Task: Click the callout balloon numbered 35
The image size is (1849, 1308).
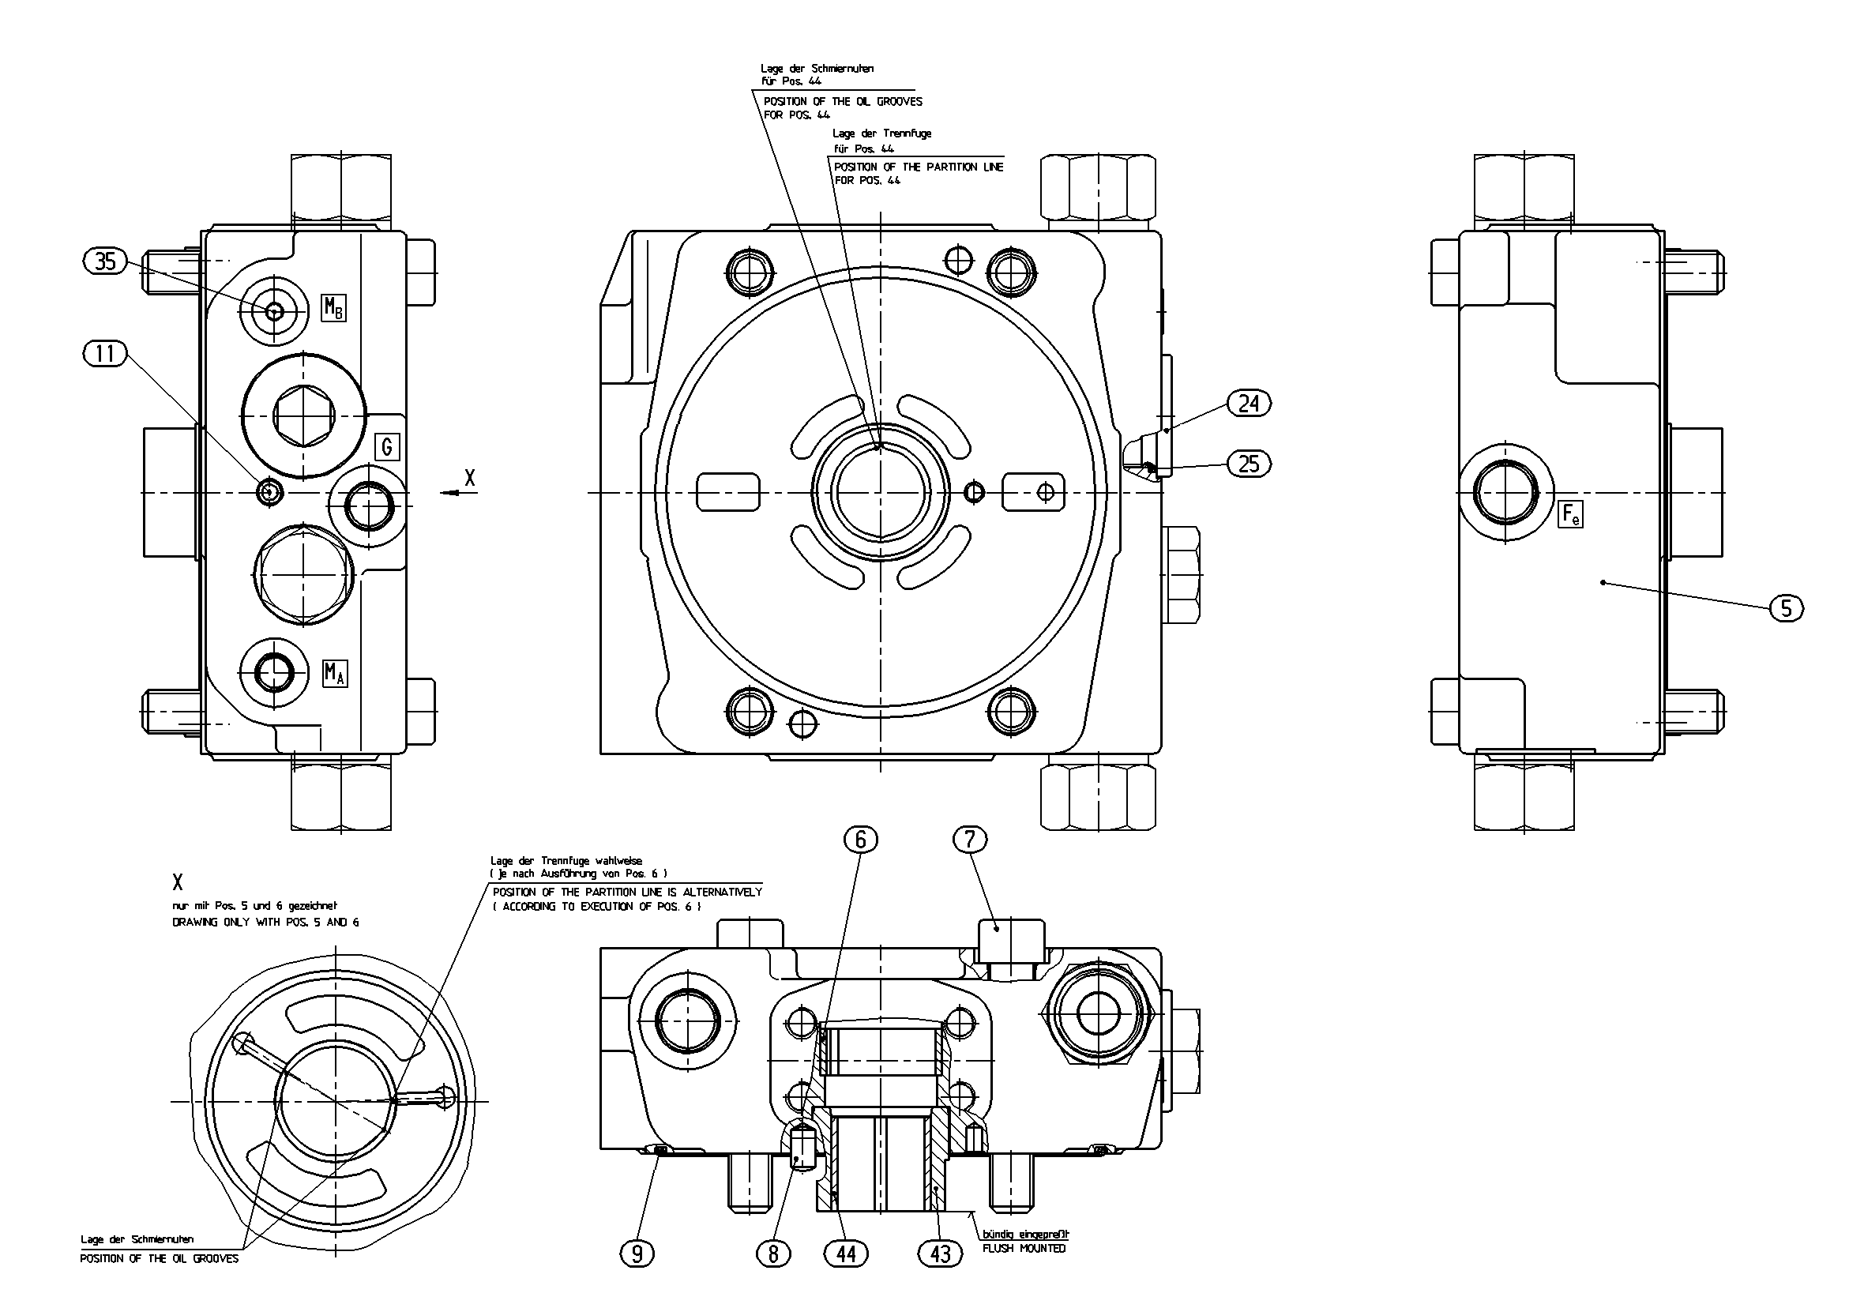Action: click(106, 261)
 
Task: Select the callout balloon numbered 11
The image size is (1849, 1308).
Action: click(106, 354)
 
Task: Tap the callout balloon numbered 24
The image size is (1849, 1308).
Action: click(1248, 403)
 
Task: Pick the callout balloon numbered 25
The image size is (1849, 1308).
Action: click(1248, 463)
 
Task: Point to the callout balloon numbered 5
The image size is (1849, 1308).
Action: click(1786, 608)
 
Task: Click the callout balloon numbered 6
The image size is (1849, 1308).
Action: click(860, 840)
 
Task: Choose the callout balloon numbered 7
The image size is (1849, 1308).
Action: click(970, 840)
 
